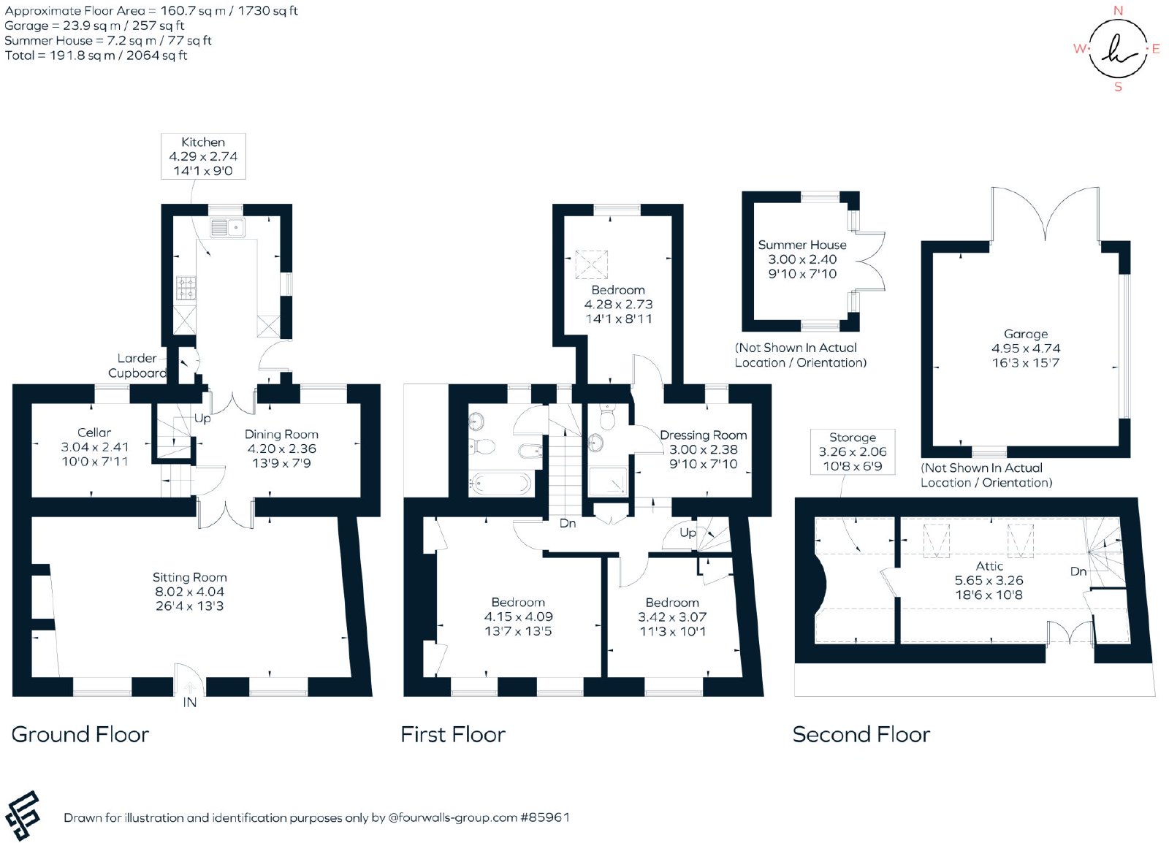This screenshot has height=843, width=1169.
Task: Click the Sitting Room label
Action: [189, 578]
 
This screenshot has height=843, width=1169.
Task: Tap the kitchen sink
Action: [227, 228]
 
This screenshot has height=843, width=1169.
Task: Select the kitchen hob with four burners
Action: [186, 288]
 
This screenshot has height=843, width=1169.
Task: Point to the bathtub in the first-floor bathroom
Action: [501, 484]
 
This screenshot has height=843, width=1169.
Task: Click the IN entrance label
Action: [190, 703]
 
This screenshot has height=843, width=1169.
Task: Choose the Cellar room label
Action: [94, 432]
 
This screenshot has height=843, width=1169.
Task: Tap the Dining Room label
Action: [281, 435]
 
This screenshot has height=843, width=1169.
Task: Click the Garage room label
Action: [1026, 334]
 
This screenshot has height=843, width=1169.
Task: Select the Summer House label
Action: [802, 245]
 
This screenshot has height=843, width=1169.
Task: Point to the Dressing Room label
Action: [703, 435]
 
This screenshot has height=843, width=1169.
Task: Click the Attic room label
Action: [989, 566]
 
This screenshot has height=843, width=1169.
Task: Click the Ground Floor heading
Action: [80, 734]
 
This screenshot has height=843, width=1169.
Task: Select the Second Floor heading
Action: [861, 734]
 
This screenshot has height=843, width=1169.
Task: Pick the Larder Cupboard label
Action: [137, 366]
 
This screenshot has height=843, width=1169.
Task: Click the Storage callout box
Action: [852, 451]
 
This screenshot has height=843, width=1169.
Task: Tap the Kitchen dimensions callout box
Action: [203, 156]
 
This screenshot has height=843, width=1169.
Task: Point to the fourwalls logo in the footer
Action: [23, 815]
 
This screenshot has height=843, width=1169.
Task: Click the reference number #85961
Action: [544, 817]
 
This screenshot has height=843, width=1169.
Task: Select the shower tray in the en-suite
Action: [608, 481]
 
